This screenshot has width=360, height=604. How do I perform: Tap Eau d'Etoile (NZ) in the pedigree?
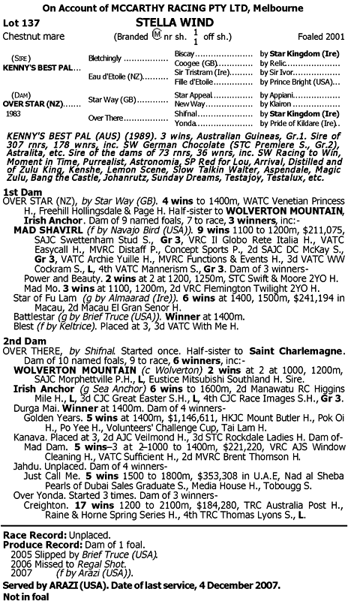click(113, 77)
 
